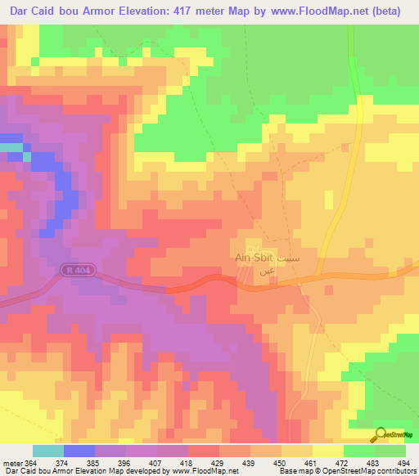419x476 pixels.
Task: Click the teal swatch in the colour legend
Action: coord(48,451)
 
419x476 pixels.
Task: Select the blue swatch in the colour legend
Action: coord(79,451)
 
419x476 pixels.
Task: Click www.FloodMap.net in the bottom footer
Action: coord(205,470)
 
